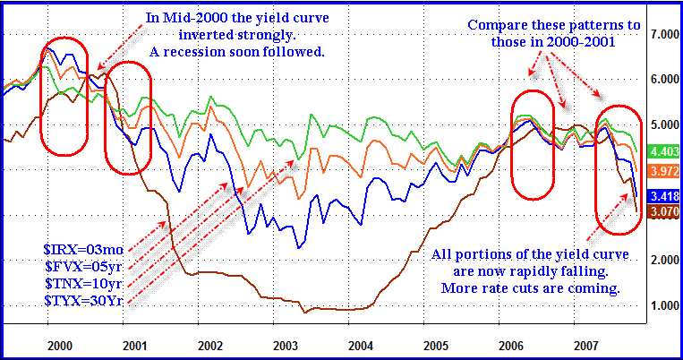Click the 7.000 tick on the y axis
(x=662, y=34)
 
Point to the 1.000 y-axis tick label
(x=662, y=305)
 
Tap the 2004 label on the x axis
(x=361, y=343)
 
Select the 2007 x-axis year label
(x=586, y=343)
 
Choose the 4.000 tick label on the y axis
(x=662, y=169)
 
